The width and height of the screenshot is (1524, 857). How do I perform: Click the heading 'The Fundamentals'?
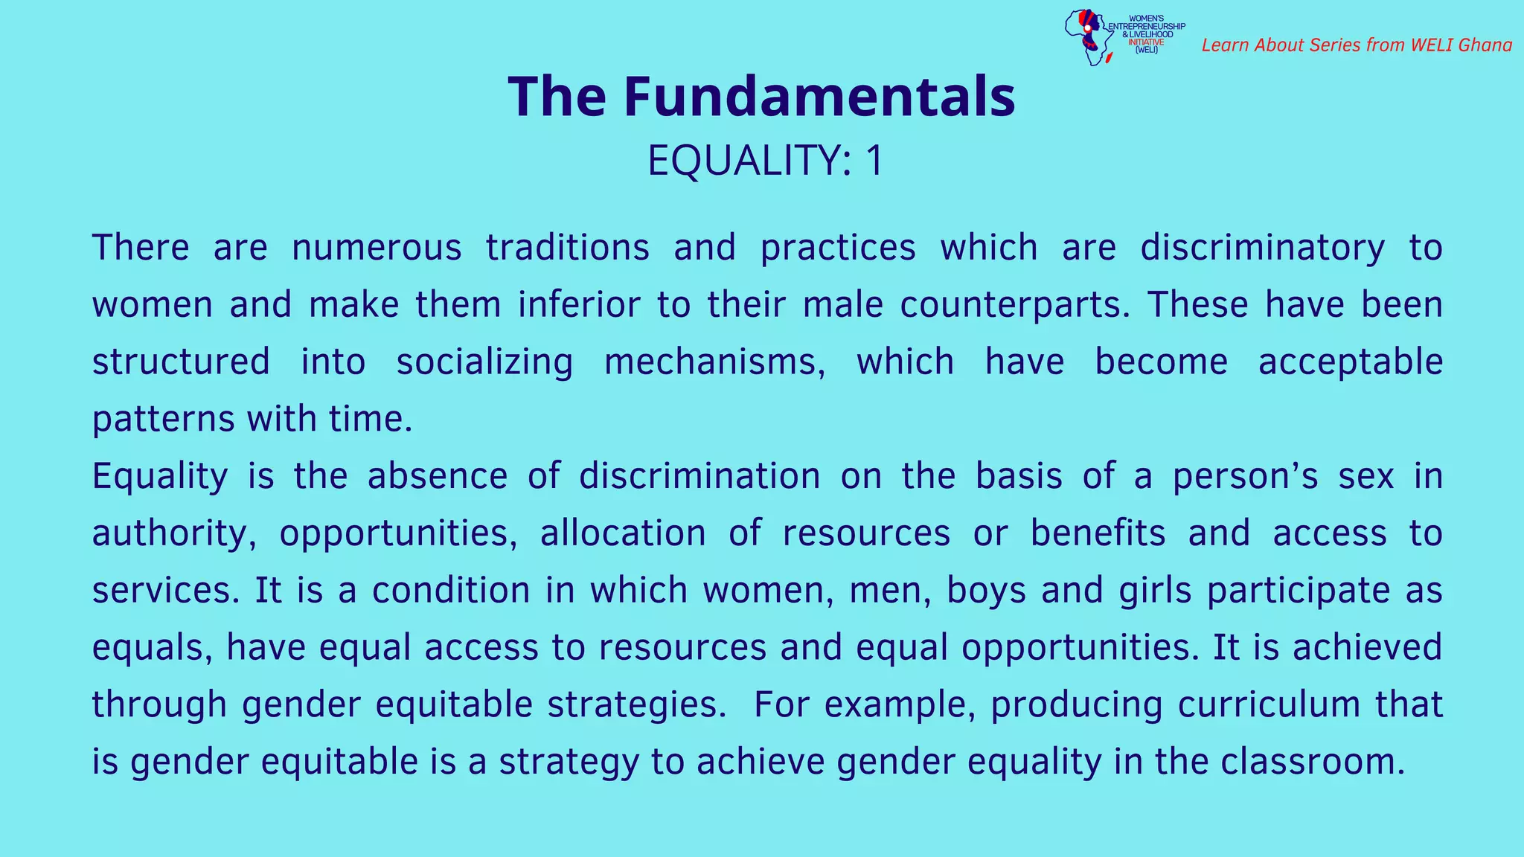761,97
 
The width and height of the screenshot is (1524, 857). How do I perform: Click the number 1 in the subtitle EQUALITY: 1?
874,161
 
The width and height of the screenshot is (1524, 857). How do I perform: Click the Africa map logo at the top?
1087,37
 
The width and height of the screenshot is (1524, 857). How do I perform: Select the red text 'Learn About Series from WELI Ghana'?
1357,45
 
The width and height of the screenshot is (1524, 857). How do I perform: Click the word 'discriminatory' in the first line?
1262,248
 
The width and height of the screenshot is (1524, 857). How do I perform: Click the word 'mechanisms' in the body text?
713,362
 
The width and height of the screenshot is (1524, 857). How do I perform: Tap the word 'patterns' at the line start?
163,420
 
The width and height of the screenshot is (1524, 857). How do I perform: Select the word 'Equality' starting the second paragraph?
159,477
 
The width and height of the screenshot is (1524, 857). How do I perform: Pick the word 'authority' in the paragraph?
172,534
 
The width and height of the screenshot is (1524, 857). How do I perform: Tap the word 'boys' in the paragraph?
986,591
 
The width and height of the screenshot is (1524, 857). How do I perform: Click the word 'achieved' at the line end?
1367,647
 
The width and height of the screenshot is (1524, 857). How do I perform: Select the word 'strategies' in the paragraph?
635,705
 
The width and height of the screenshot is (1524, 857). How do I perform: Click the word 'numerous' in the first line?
377,248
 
